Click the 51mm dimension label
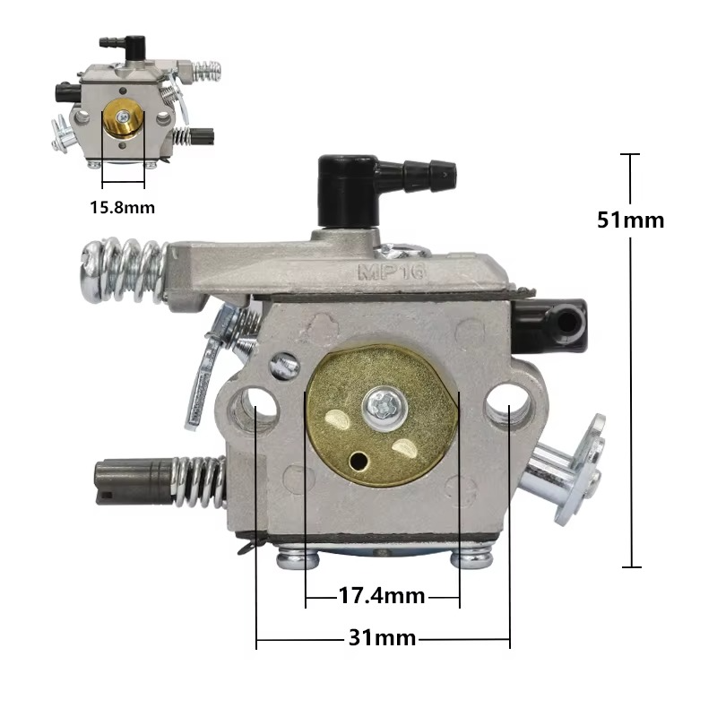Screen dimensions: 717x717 [631, 220]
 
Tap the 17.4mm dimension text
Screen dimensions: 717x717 [382, 596]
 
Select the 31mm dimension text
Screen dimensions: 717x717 [383, 637]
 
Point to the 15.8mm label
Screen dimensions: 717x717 [123, 208]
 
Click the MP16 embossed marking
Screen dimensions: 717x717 [392, 272]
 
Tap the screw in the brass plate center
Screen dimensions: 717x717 [384, 409]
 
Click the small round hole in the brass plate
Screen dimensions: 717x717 [358, 461]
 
